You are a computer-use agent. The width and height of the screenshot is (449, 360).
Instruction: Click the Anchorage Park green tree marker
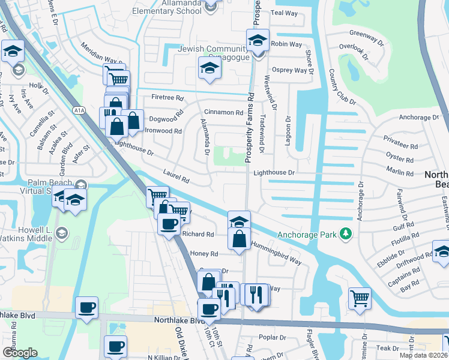tap(346, 234)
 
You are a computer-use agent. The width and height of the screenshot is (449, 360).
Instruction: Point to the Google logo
tap(20, 353)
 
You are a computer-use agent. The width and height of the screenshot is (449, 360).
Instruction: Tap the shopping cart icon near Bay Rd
tap(359, 297)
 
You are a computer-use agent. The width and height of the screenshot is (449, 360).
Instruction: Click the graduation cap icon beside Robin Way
tap(258, 40)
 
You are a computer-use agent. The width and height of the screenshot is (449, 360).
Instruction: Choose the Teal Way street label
tap(285, 13)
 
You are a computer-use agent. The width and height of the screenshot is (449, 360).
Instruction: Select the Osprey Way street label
tap(291, 70)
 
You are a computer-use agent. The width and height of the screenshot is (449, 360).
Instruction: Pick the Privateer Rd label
tap(400, 146)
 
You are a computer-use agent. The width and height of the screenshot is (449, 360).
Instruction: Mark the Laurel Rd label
tap(176, 176)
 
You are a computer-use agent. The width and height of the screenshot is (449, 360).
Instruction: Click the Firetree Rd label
tap(167, 97)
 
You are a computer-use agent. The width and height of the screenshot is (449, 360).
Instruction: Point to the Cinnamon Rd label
tap(223, 112)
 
